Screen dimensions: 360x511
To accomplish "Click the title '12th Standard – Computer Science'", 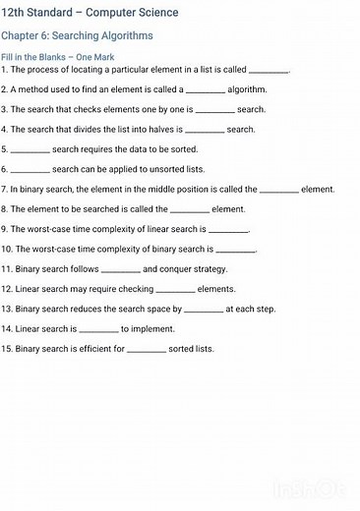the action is tap(90, 13).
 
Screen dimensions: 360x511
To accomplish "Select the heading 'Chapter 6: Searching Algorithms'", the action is tap(77, 35).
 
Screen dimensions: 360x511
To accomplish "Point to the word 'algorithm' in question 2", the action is tap(247, 89).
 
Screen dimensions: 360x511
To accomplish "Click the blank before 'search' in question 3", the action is tap(214, 110).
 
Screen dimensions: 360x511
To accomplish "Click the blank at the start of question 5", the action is tap(30, 150).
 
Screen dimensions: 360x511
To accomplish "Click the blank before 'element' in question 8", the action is tap(190, 209).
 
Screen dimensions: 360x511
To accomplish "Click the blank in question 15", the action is tap(147, 349).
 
